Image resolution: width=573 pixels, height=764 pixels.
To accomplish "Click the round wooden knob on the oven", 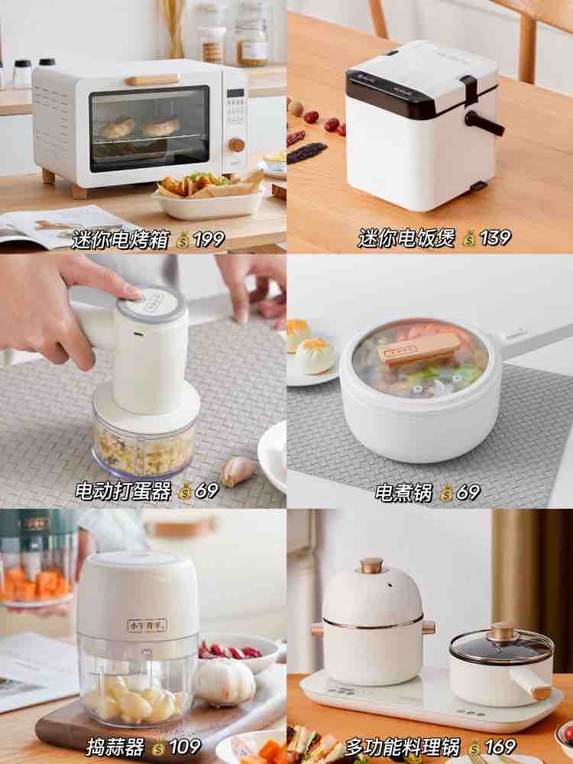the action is click(237, 144).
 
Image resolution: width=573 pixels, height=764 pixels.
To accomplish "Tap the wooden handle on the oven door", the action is click(153, 80).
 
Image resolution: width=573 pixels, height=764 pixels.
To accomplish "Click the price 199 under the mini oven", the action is click(209, 239).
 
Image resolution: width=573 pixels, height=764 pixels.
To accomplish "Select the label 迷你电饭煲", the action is click(406, 238).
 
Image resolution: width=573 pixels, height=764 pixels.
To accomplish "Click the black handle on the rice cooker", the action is click(484, 123).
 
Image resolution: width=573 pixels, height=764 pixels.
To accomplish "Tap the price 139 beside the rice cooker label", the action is click(495, 238).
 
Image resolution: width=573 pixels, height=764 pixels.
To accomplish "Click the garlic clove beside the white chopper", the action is click(238, 471).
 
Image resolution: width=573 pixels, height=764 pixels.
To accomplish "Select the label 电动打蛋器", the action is click(123, 491).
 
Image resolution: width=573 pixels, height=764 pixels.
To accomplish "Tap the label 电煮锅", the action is click(403, 492).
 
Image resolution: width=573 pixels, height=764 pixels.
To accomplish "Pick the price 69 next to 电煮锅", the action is click(468, 492).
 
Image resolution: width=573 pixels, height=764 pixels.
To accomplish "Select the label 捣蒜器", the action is click(115, 746).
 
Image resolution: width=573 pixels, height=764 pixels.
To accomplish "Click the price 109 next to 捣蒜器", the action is click(184, 746).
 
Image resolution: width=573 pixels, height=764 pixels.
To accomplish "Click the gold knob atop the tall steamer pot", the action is click(372, 565).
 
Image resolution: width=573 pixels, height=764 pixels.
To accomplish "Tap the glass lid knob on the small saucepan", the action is click(503, 633).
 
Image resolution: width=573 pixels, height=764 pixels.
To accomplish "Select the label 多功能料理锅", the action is click(403, 746).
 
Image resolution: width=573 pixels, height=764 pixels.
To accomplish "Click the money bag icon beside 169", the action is click(474, 748).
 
